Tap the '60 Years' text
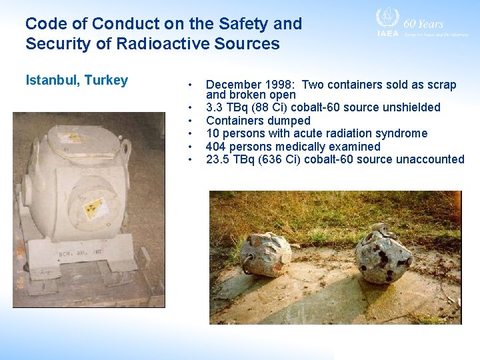tap(423, 23)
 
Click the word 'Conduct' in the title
tap(122, 24)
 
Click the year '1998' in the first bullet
tap(281, 85)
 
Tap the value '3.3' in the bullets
tap(215, 107)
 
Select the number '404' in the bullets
tap(216, 146)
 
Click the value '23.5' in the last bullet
tap(217, 159)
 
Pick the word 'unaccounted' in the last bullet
tap(432, 159)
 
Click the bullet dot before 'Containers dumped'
tap(191, 121)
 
